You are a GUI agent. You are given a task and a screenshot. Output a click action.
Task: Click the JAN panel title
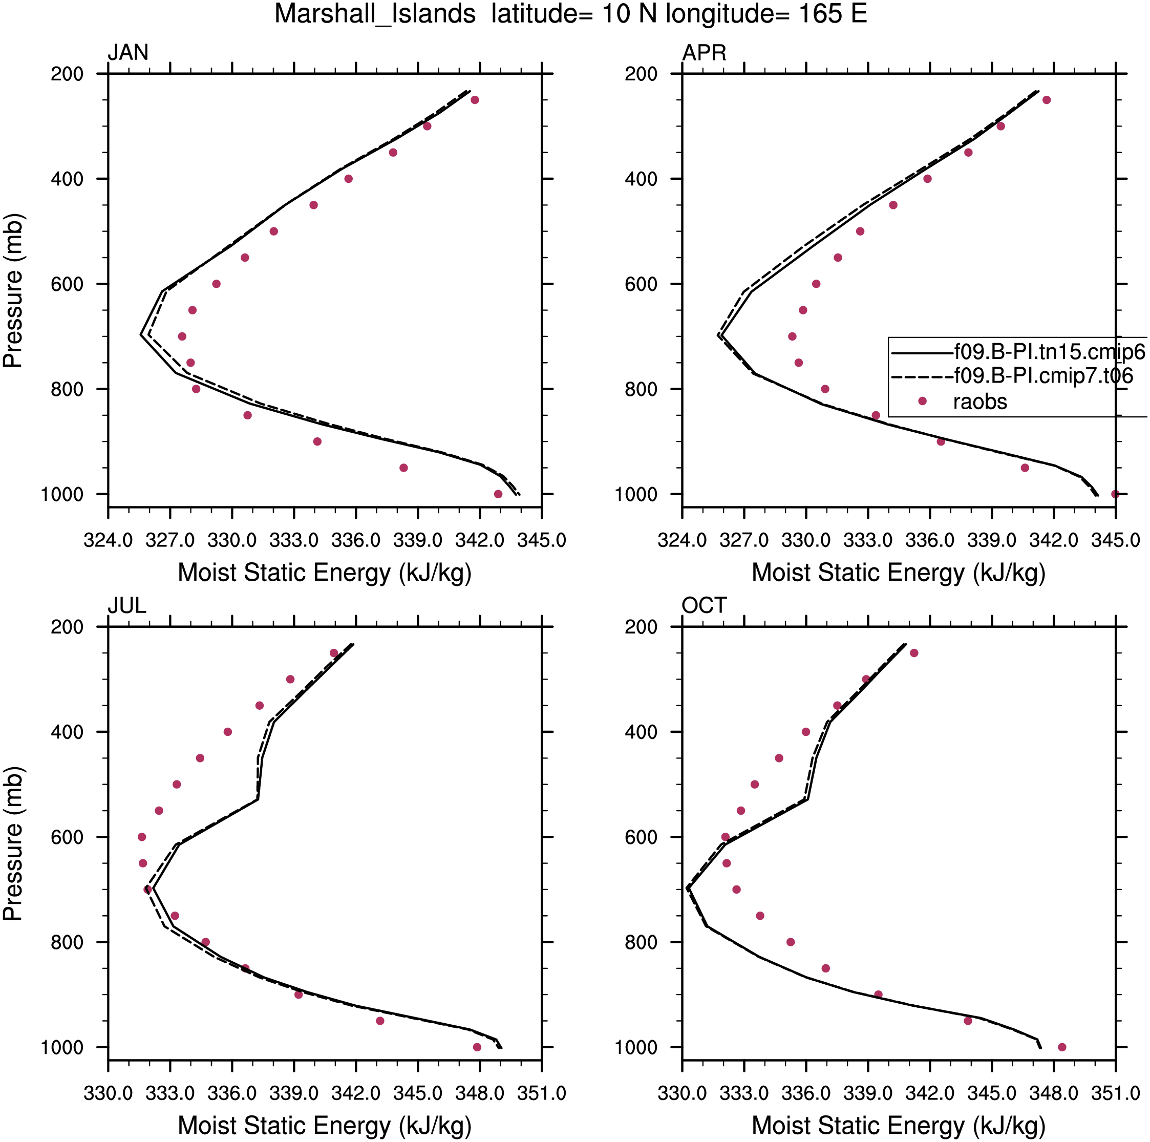(x=127, y=52)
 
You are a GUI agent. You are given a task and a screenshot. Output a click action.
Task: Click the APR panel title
(x=704, y=52)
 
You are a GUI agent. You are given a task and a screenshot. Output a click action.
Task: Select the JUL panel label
(x=127, y=605)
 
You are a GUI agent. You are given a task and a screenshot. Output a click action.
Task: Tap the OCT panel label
(x=704, y=605)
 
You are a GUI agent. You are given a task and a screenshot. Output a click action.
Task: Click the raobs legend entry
(x=980, y=401)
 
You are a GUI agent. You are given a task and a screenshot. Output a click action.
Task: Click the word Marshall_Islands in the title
(x=375, y=14)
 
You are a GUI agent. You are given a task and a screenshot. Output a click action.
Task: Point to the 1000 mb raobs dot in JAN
(x=498, y=494)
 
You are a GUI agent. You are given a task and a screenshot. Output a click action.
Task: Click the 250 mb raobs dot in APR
(x=1047, y=100)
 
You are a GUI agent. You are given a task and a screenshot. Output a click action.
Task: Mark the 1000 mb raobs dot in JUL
(x=477, y=1047)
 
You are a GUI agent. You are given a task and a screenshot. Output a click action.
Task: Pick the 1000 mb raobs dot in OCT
(x=1062, y=1047)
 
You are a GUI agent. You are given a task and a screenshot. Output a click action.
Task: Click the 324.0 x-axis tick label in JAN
(x=108, y=541)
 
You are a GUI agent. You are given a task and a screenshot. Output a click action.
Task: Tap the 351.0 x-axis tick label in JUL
(x=541, y=1093)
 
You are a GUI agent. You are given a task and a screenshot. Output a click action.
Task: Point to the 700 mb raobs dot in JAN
(x=182, y=336)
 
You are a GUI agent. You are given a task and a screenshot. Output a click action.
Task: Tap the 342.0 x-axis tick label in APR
(x=1054, y=541)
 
